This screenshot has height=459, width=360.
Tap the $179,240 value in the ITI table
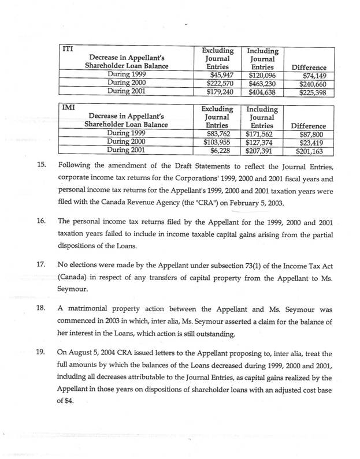(x=220, y=91)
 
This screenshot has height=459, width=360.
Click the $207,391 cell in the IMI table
(x=262, y=151)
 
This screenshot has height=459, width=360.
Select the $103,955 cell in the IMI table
(x=220, y=143)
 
